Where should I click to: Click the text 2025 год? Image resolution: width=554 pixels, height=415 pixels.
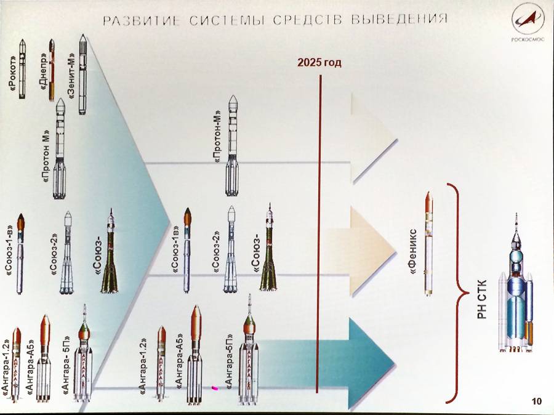318,63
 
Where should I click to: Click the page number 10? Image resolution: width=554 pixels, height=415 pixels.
537,402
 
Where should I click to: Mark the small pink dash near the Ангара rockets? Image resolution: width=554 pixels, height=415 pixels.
215,388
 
